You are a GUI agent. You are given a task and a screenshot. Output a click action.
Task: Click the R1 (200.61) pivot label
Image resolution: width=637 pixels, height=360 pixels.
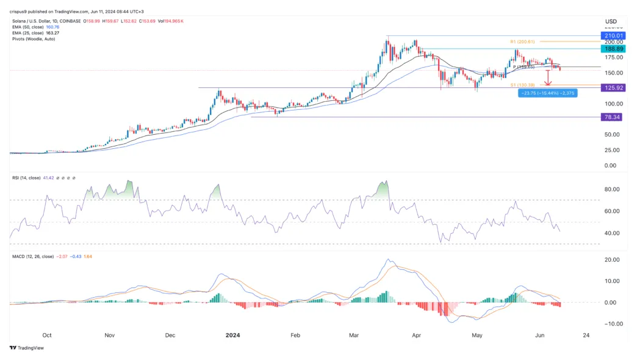pos(523,41)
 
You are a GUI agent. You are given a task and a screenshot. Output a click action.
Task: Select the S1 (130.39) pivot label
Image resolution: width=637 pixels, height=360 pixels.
pos(522,85)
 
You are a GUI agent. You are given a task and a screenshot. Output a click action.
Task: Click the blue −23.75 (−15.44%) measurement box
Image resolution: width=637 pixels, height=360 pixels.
pos(547,93)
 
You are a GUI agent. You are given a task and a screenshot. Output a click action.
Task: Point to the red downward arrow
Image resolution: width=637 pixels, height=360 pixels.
pos(548,77)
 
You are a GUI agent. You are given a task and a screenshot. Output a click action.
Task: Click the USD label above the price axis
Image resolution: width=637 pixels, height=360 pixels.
pos(610,21)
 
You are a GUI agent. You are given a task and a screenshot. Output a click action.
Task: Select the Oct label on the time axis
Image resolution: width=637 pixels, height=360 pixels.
pos(47,335)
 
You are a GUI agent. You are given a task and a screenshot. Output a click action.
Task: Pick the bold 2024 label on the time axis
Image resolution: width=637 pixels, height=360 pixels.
pos(232,335)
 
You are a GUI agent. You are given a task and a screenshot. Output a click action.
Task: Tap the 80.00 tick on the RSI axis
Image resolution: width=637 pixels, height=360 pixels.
pos(613,190)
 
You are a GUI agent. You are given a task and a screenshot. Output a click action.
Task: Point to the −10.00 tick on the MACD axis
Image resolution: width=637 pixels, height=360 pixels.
pos(611,324)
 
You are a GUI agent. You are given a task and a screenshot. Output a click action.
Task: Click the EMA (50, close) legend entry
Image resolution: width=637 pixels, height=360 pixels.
pos(28,27)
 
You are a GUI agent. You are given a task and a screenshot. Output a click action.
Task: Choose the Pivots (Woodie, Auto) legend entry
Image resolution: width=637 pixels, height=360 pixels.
pos(32,38)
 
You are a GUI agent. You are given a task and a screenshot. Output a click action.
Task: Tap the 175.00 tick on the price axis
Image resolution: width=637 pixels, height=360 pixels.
pos(612,58)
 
